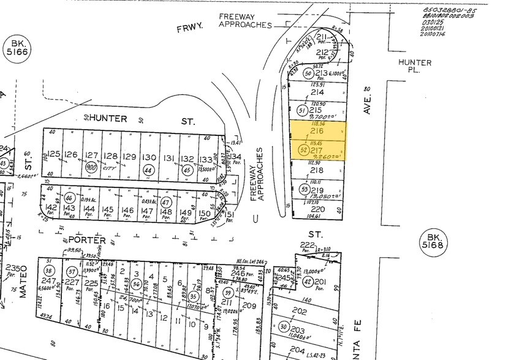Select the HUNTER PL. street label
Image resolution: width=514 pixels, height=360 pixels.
[x=415, y=67]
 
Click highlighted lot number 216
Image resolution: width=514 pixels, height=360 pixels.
[x=317, y=130]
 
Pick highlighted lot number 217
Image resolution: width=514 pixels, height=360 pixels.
[x=317, y=149]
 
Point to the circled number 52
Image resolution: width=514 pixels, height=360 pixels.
[x=301, y=149]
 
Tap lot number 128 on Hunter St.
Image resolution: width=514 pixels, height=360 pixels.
[x=110, y=156]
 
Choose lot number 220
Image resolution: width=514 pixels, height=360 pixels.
[x=317, y=209]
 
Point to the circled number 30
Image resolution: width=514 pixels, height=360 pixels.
[x=284, y=326]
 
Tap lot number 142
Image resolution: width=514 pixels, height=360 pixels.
[x=52, y=209]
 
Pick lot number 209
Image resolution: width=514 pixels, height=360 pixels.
[x=249, y=305]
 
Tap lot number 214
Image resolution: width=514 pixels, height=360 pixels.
[x=317, y=92]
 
